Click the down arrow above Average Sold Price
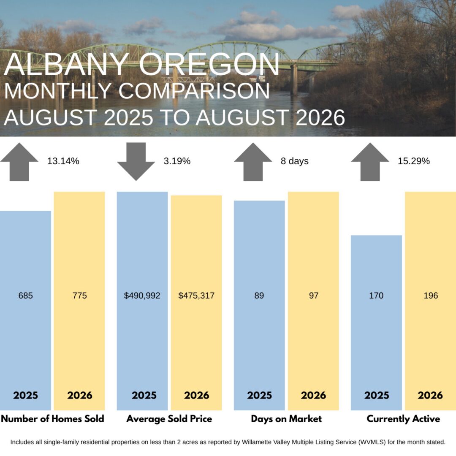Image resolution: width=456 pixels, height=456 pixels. click(x=136, y=161)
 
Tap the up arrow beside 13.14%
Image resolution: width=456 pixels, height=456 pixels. click(x=19, y=162)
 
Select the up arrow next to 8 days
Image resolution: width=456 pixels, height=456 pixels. click(x=253, y=162)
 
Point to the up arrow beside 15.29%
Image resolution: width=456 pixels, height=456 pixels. click(x=370, y=162)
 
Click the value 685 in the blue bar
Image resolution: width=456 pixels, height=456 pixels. click(x=26, y=296)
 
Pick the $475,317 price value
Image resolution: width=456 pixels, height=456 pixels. click(x=196, y=296)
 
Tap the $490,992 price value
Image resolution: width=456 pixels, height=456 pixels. click(x=142, y=296)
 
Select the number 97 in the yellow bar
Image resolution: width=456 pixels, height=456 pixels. click(x=313, y=296)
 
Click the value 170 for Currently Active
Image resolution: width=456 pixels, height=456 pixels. click(x=376, y=296)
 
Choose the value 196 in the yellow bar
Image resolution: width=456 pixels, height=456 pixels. click(x=431, y=296)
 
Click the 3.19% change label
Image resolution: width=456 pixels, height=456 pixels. click(x=177, y=161)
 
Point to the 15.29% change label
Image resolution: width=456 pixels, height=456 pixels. click(x=414, y=161)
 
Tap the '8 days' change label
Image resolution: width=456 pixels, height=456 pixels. click(x=295, y=161)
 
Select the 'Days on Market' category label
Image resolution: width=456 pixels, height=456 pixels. click(x=286, y=419)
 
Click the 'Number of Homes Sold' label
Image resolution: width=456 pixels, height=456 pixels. click(x=53, y=419)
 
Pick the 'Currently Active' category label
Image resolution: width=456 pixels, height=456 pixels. click(x=403, y=419)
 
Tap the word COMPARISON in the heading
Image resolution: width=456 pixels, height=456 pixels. click(x=194, y=91)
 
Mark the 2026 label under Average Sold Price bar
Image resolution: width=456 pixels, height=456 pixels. click(x=197, y=395)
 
